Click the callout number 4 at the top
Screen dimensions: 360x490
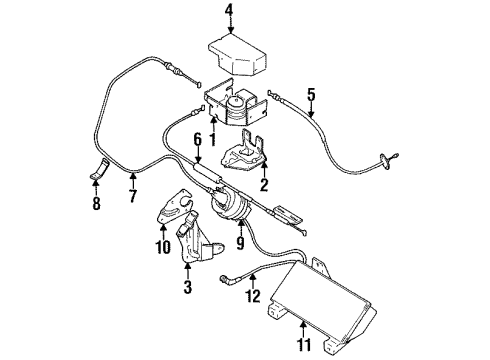(228, 12)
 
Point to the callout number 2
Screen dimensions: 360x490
(263, 184)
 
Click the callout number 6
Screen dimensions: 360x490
(198, 140)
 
